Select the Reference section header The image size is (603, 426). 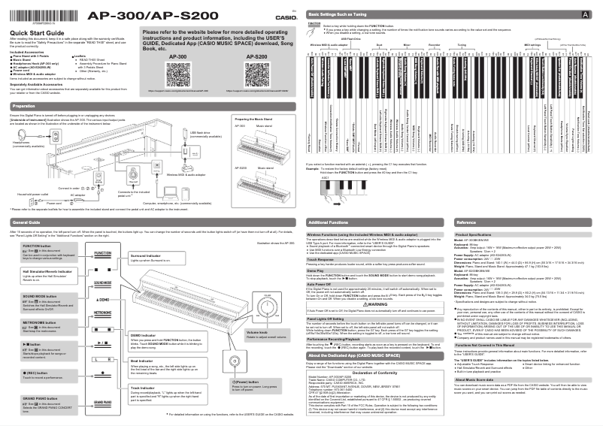pos(467,223)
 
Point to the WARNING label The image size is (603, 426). pos(374,303)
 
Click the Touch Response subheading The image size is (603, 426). pos(326,258)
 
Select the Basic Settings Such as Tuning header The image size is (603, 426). pos(343,14)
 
